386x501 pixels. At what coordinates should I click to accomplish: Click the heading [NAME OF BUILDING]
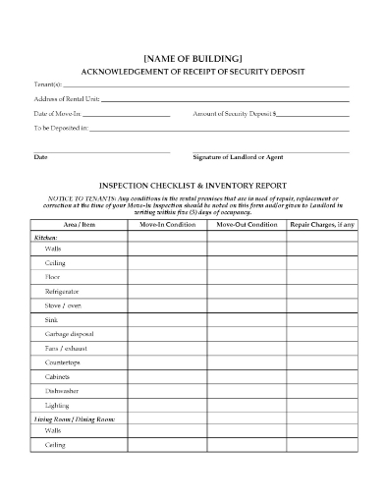coord(193,59)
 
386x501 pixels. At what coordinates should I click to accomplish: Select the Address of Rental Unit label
coord(67,100)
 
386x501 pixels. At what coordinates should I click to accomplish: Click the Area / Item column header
coord(79,225)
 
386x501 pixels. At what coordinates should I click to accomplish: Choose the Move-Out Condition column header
coord(246,225)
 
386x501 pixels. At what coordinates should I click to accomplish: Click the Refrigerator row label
coord(62,292)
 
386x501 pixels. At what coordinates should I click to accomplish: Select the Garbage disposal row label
coord(69,333)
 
